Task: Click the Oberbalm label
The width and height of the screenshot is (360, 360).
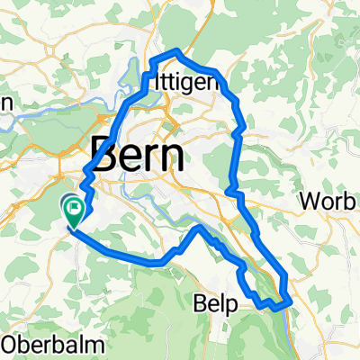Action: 41,344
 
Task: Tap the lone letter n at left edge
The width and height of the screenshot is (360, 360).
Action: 4,103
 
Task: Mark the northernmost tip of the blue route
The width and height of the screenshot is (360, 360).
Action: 178,50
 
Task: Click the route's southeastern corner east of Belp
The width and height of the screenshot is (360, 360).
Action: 287,302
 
